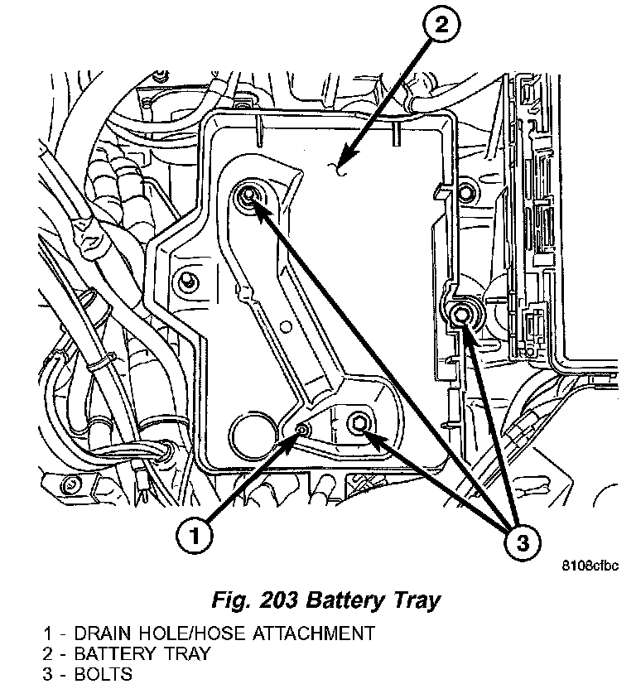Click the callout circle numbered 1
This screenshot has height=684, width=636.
pyautogui.click(x=193, y=536)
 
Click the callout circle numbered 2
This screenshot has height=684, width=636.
pyautogui.click(x=441, y=26)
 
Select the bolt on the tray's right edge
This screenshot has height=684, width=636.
pyautogui.click(x=461, y=313)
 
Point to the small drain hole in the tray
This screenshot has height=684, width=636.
pyautogui.click(x=303, y=430)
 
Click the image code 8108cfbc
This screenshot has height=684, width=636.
pyautogui.click(x=590, y=566)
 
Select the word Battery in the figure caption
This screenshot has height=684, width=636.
pyautogui.click(x=330, y=600)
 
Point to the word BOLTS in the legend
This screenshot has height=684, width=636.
pyautogui.click(x=103, y=673)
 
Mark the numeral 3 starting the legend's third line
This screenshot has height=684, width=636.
pyautogui.click(x=47, y=673)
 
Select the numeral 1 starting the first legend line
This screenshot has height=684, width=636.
pyautogui.click(x=47, y=633)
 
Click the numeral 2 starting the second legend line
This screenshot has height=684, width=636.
pyautogui.click(x=47, y=653)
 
